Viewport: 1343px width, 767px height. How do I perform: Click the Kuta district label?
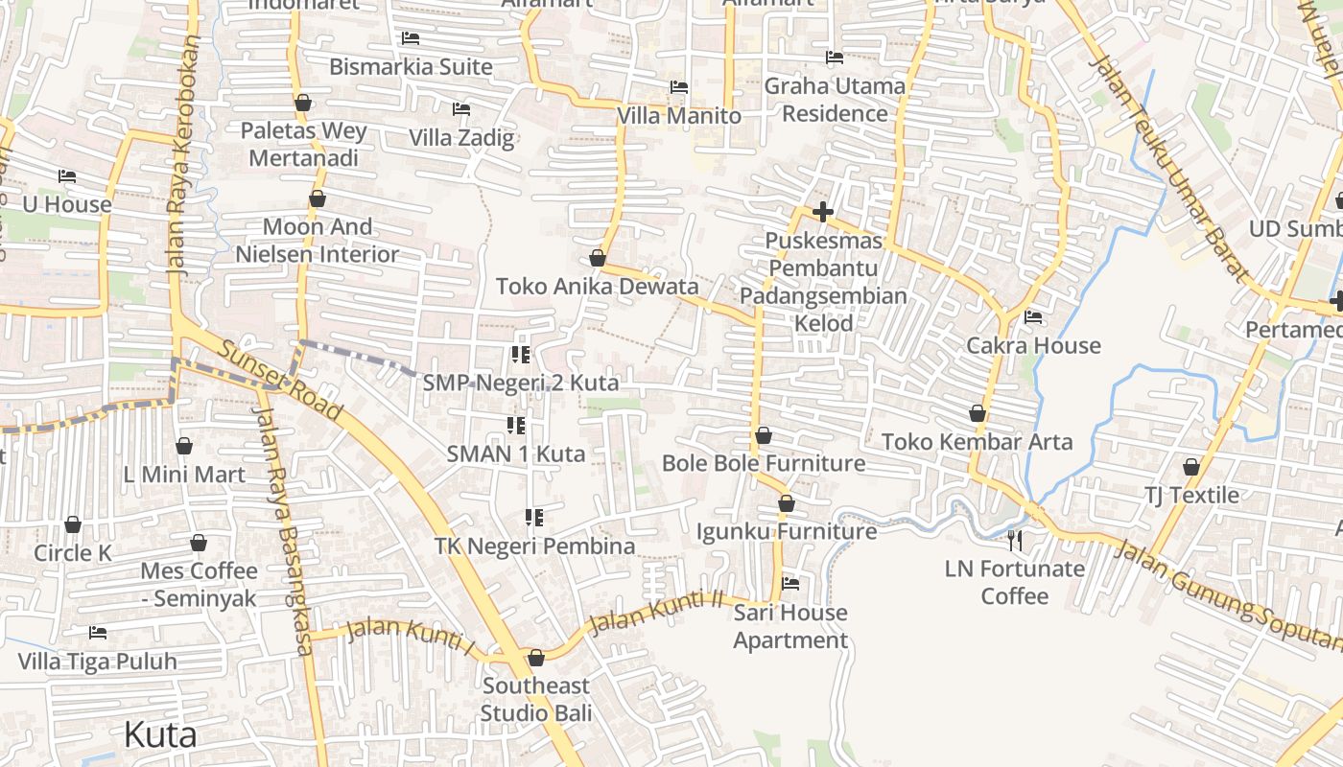[160, 735]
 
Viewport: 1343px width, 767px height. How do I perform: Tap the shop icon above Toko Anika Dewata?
[598, 258]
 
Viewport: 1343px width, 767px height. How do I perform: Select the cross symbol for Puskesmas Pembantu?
[822, 212]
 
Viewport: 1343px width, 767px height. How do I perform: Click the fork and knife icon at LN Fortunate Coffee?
[1015, 541]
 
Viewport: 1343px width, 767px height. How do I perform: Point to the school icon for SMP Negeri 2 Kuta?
[521, 356]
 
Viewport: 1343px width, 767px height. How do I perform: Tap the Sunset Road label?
[279, 380]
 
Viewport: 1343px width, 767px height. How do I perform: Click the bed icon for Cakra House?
[1033, 317]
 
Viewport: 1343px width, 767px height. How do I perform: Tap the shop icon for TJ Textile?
[1191, 467]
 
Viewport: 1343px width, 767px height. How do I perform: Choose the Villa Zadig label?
[461, 138]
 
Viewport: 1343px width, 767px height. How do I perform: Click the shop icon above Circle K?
[73, 524]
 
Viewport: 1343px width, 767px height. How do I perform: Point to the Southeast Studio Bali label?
[535, 699]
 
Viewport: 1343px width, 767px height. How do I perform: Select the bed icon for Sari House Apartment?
[790, 583]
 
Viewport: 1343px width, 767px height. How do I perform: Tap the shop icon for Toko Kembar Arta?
[978, 413]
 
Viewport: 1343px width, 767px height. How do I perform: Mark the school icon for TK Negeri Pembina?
[534, 519]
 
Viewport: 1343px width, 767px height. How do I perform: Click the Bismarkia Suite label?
[411, 67]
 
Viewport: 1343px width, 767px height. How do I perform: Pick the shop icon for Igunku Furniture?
[787, 503]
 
